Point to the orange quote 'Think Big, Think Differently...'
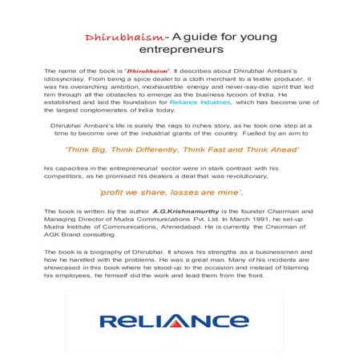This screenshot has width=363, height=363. pyautogui.click(x=177, y=149)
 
